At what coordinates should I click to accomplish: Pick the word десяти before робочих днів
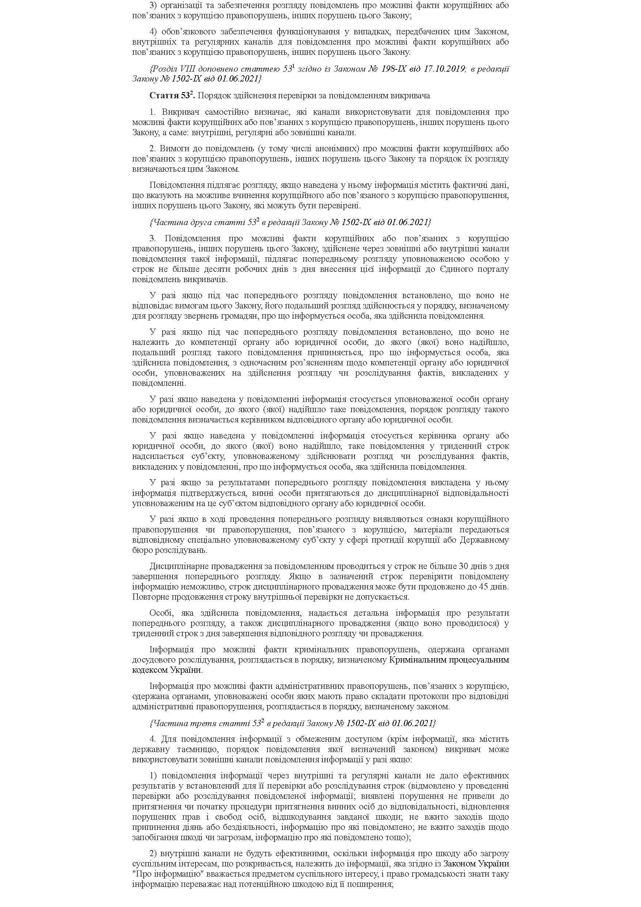click(x=215, y=269)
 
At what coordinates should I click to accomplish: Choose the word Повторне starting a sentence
click(x=149, y=596)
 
